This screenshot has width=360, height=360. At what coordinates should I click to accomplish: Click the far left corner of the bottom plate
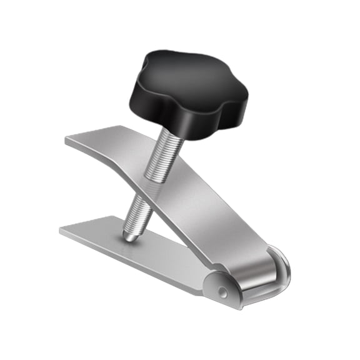point(62,230)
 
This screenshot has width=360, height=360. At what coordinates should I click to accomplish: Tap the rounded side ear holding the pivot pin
point(219,284)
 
